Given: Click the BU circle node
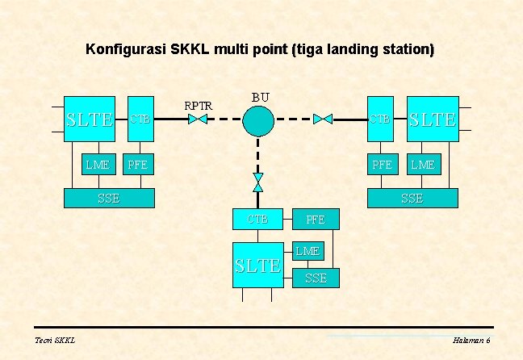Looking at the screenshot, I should pyautogui.click(x=258, y=119).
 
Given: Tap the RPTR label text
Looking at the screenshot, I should pyautogui.click(x=199, y=105).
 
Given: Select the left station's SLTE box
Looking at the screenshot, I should pyautogui.click(x=90, y=119).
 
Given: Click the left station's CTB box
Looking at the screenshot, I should pyautogui.click(x=141, y=119).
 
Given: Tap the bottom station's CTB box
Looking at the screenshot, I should pyautogui.click(x=258, y=219).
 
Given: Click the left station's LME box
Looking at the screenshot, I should pyautogui.click(x=98, y=165).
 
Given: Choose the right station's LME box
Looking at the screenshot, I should pyautogui.click(x=422, y=165).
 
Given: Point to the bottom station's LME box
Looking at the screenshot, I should pyautogui.click(x=308, y=251).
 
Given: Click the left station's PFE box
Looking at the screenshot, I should pyautogui.click(x=139, y=165).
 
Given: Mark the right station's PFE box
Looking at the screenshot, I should pyautogui.click(x=381, y=165).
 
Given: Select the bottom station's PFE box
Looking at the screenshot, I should pyautogui.click(x=316, y=219).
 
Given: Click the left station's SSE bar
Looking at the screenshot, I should pyautogui.click(x=109, y=198).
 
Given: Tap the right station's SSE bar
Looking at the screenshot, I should pyautogui.click(x=412, y=198).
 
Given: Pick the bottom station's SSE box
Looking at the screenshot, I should pyautogui.click(x=316, y=278).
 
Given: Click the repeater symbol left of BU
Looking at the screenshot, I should pyautogui.click(x=198, y=119).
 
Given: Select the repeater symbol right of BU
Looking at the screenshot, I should pyautogui.click(x=323, y=119).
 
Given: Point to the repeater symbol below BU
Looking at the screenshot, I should pyautogui.click(x=258, y=182).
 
